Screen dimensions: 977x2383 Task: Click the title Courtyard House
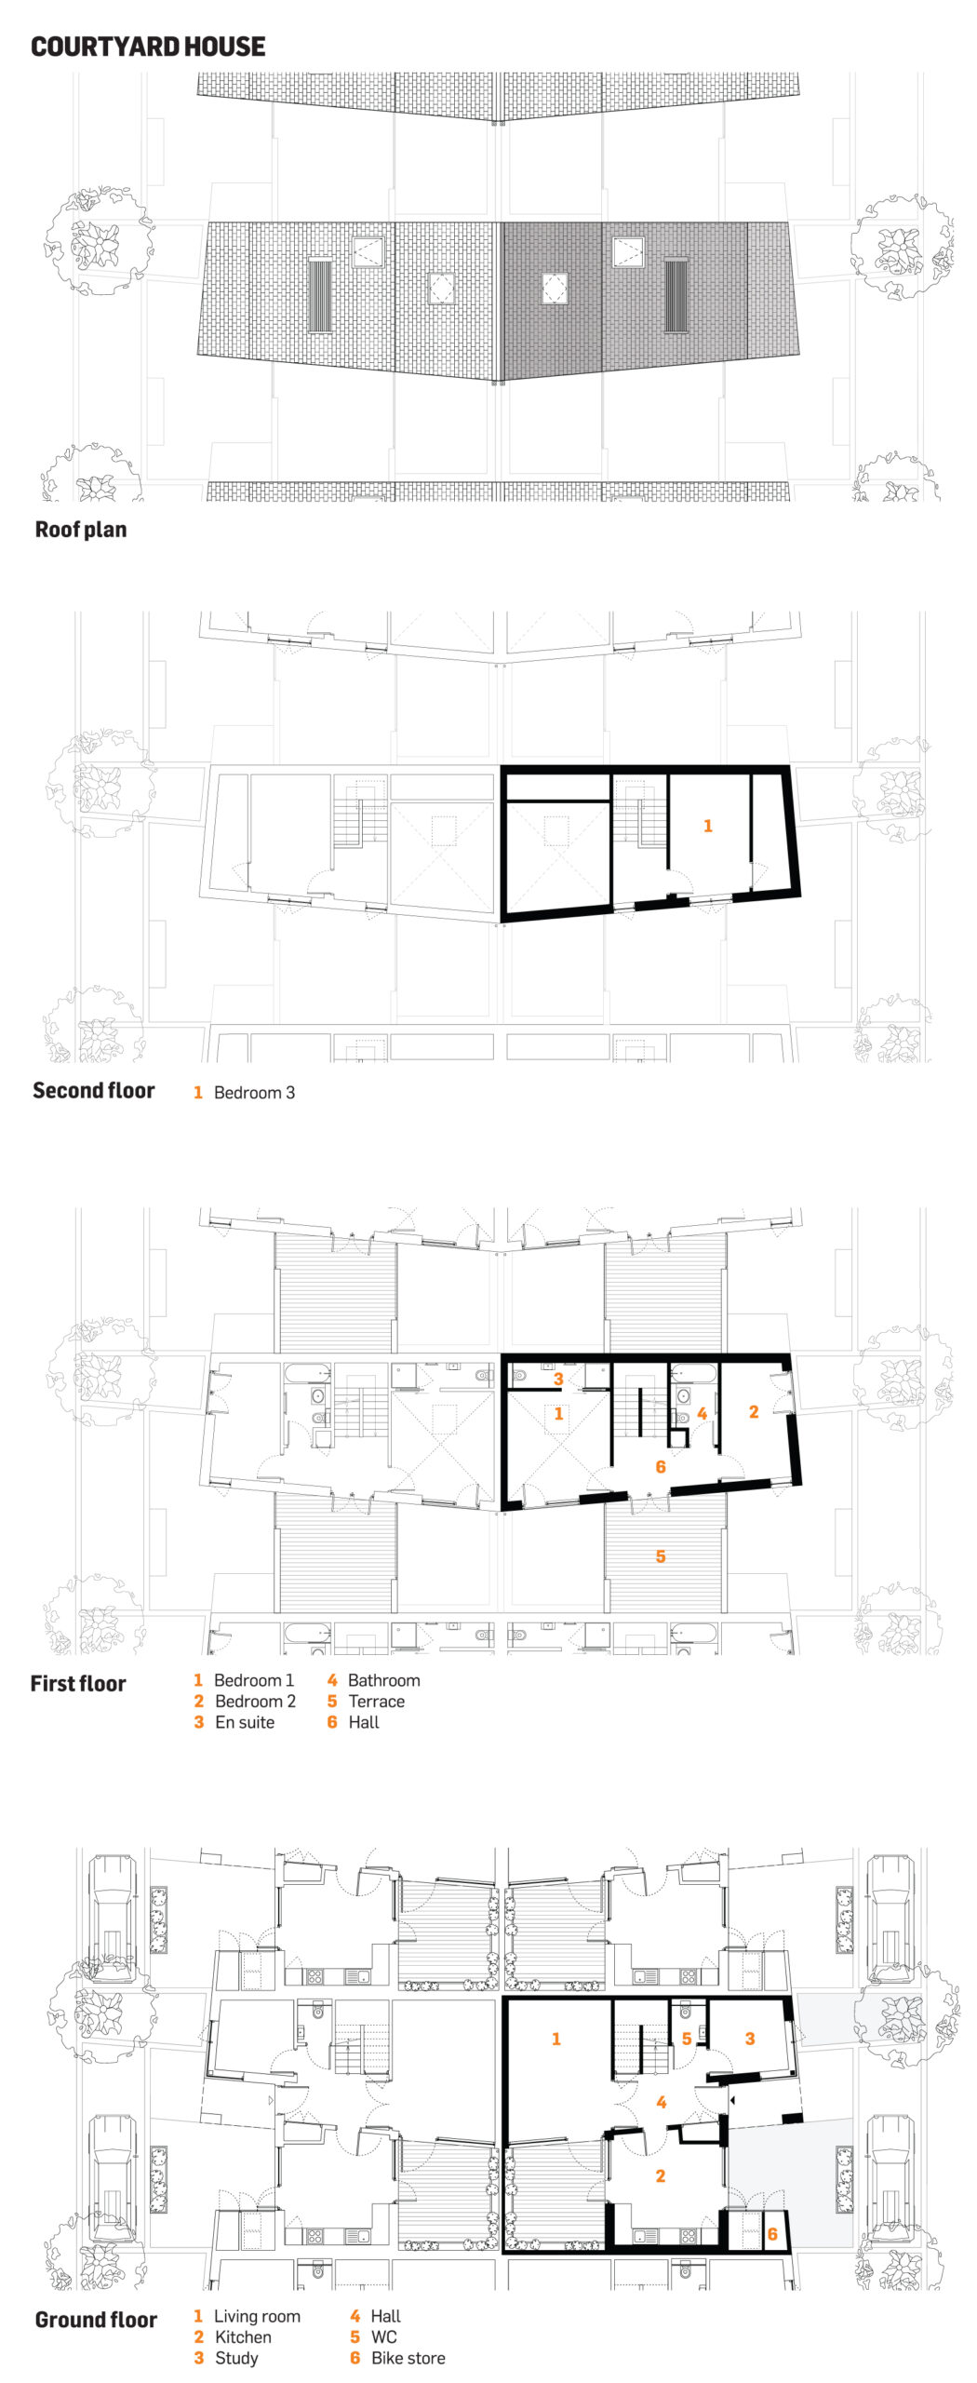(x=148, y=47)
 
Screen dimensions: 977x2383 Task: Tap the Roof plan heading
(x=81, y=530)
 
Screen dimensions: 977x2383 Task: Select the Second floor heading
(x=94, y=1090)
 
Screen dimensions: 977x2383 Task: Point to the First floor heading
(x=78, y=1683)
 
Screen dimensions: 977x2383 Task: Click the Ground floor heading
(x=96, y=2320)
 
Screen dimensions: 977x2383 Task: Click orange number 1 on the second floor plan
(x=708, y=826)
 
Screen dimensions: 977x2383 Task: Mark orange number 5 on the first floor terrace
(x=661, y=1556)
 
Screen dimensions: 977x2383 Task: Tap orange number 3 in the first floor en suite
(x=558, y=1380)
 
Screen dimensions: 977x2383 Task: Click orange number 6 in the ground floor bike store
(x=772, y=2234)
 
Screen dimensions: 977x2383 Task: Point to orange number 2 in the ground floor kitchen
(x=661, y=2175)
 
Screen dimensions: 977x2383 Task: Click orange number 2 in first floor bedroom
(x=754, y=1412)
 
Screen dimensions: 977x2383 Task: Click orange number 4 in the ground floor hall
(x=662, y=2102)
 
